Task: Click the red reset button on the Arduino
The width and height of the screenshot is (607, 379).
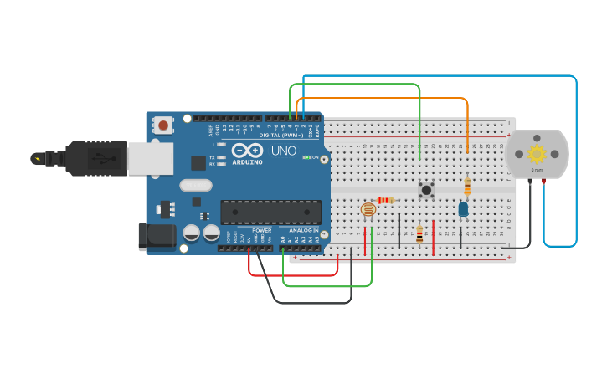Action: (x=163, y=125)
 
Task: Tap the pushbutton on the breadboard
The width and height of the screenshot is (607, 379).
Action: (x=427, y=190)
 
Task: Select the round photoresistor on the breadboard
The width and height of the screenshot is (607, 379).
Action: (x=368, y=211)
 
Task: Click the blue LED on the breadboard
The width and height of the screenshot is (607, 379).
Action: (x=463, y=209)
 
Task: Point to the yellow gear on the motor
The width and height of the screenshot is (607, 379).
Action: (x=537, y=153)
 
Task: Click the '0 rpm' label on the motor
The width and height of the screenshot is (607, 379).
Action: (x=537, y=170)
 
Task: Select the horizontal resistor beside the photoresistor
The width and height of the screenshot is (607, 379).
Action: (x=386, y=200)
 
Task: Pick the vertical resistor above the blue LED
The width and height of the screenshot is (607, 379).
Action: (x=467, y=187)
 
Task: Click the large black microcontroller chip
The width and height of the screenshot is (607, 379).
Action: (x=270, y=212)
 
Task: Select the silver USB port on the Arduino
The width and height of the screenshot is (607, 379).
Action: (x=151, y=158)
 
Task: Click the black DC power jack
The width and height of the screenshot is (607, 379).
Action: (x=157, y=236)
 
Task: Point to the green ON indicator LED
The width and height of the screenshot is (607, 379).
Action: (x=306, y=157)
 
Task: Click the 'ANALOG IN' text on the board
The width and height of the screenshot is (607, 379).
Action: (x=304, y=230)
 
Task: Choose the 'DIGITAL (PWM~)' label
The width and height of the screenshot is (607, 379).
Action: (x=281, y=135)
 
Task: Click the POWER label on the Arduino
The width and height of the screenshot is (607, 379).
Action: (x=261, y=230)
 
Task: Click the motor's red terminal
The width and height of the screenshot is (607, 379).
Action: (x=544, y=180)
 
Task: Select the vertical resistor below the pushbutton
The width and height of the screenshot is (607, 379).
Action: (x=419, y=234)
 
